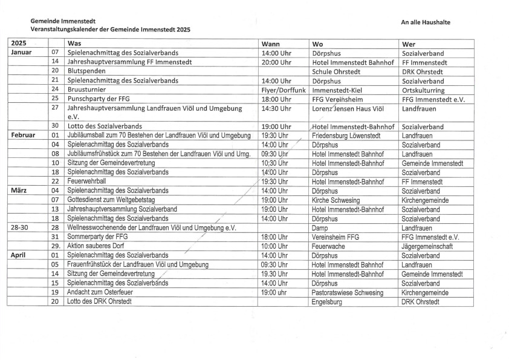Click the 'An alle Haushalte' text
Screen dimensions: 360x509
425,22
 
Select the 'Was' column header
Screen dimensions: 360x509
74,44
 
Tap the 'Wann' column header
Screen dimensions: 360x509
270,44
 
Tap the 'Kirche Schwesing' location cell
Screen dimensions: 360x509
336,200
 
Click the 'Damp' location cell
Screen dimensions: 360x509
320,228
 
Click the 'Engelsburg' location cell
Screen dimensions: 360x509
326,301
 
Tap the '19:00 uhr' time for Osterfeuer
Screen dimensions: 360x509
274,292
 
